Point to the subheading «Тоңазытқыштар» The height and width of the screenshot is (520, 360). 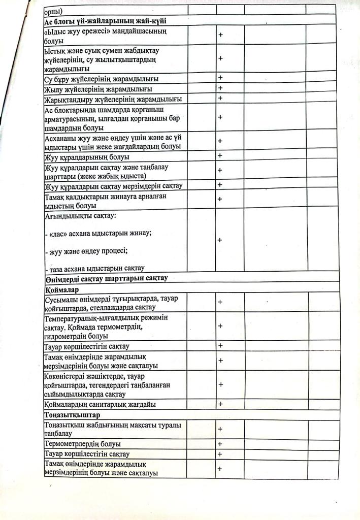(68, 415)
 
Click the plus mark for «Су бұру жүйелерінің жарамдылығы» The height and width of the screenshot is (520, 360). (220, 78)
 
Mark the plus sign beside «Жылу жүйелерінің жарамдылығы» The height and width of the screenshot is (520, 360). (220, 88)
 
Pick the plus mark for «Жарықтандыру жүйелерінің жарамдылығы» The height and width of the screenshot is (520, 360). (220, 98)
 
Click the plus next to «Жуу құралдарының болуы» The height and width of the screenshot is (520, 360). (220, 155)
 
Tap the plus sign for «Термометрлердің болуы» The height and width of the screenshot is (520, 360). (220, 444)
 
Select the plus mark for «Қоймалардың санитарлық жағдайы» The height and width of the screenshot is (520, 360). (220, 404)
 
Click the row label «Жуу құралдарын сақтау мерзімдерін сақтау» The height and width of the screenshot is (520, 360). (113, 185)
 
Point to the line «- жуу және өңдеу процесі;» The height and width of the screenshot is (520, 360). (86, 251)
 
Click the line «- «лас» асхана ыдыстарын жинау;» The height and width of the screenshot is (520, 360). (99, 234)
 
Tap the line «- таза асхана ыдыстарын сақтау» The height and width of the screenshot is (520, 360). (95, 268)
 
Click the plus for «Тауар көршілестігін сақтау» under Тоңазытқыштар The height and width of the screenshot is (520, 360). (220, 454)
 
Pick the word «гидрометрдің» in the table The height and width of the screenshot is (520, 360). (67, 336)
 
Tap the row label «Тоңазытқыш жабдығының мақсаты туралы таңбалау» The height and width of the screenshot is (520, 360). (113, 429)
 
